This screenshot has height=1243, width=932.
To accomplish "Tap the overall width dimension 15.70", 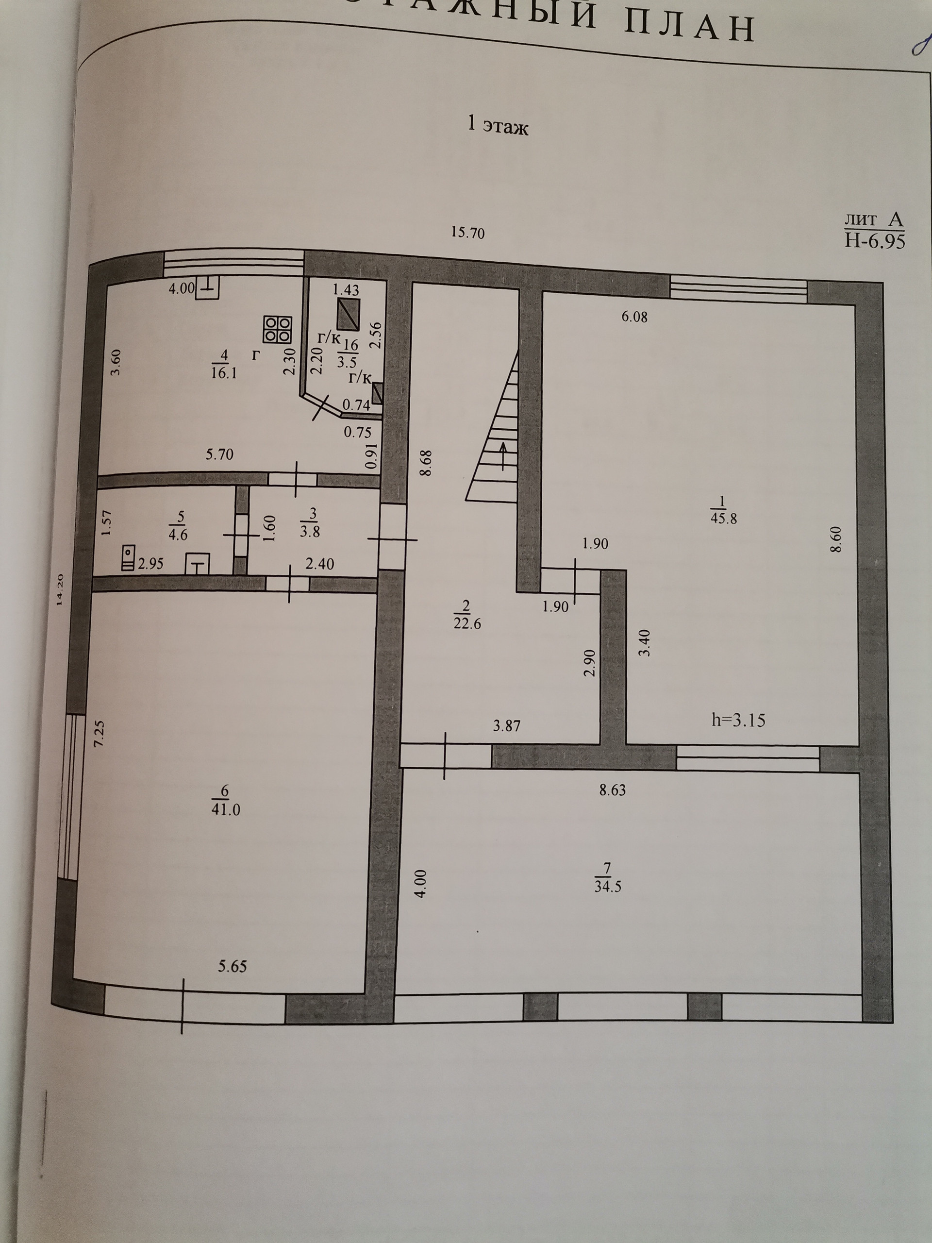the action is click(468, 232).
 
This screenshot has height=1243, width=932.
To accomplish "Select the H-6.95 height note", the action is click(875, 241).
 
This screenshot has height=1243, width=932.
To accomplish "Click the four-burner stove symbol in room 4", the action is click(278, 329).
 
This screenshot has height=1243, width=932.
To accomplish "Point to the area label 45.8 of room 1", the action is click(723, 518).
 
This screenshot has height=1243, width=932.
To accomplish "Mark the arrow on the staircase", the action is click(502, 455).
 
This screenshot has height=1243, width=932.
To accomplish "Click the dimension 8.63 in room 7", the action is click(612, 790).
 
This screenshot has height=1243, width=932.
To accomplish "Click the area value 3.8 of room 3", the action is click(310, 531).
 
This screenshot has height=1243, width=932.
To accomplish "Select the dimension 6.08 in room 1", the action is click(634, 317).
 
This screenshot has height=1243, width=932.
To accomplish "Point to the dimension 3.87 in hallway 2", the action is click(507, 726).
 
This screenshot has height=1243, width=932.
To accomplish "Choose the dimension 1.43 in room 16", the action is click(346, 290).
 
